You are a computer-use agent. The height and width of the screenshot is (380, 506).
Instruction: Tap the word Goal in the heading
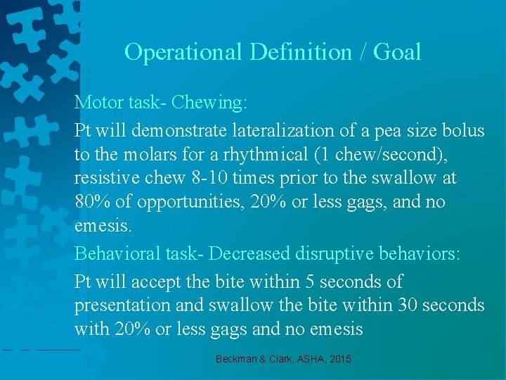tap(397, 52)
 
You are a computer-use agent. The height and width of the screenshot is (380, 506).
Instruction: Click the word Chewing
tap(209, 103)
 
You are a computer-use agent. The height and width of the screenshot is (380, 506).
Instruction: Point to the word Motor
tap(99, 103)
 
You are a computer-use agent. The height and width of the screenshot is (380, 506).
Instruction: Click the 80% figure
tap(90, 203)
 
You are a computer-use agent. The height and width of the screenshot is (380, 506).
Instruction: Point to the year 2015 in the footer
tap(339, 359)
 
